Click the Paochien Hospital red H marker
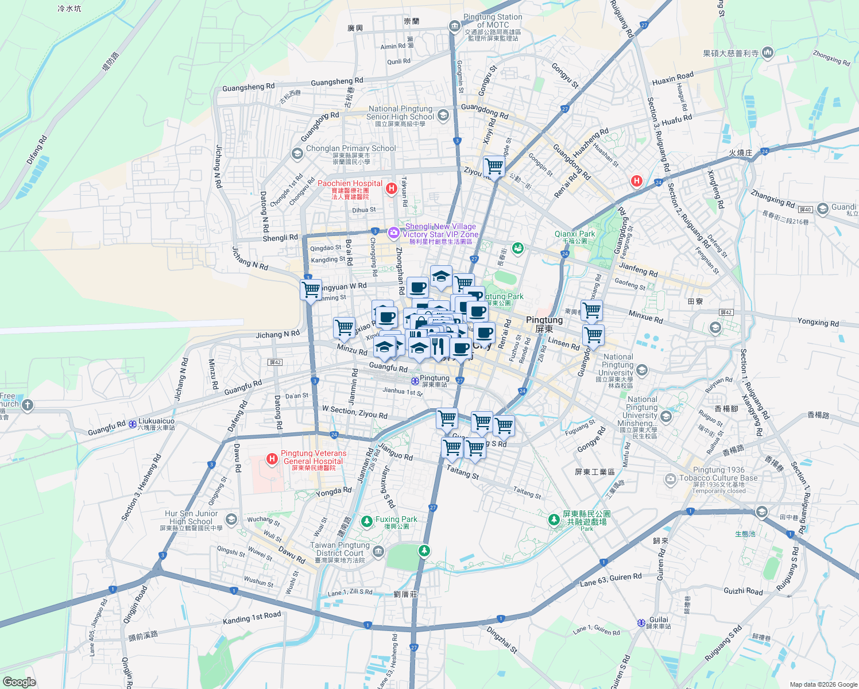pyautogui.click(x=392, y=188)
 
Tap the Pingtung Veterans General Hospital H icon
pyautogui.click(x=272, y=459)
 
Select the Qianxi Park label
pyautogui.click(x=575, y=234)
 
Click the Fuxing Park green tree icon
pyautogui.click(x=366, y=521)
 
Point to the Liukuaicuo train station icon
pyautogui.click(x=133, y=424)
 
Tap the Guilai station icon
pyautogui.click(x=641, y=623)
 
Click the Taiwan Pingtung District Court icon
pyautogui.click(x=378, y=552)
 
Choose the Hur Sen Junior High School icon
pyautogui.click(x=231, y=520)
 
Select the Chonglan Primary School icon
pyautogui.click(x=297, y=153)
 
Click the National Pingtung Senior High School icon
pyautogui.click(x=443, y=115)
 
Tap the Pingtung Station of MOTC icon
pyautogui.click(x=455, y=26)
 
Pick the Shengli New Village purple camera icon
pyautogui.click(x=394, y=233)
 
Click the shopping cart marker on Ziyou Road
pyautogui.click(x=494, y=167)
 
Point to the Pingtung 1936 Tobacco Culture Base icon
pyautogui.click(x=671, y=479)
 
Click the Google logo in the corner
pyautogui.click(x=19, y=682)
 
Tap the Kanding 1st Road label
pyautogui.click(x=251, y=618)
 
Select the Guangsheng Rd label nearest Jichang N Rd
pyautogui.click(x=248, y=87)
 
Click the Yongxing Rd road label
pyautogui.click(x=818, y=323)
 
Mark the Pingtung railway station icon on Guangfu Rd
pyautogui.click(x=415, y=381)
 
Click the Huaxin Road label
pyautogui.click(x=672, y=79)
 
